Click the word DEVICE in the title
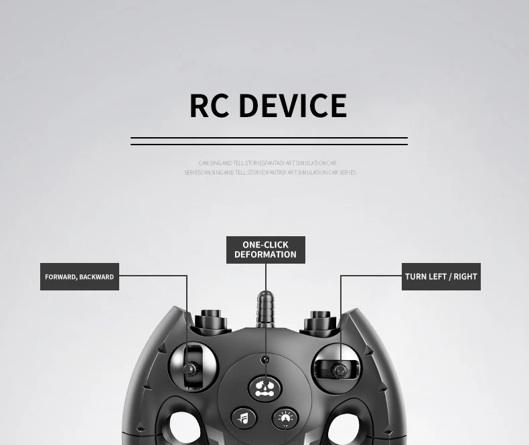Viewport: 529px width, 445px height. click(293, 106)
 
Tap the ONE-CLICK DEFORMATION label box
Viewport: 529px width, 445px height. click(265, 250)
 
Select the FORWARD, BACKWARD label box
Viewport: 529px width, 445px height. click(79, 276)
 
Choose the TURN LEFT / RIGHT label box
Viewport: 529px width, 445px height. click(441, 276)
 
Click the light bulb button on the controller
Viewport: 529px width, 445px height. click(286, 419)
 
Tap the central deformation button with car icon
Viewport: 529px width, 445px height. click(265, 388)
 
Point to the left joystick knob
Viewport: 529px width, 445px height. click(190, 369)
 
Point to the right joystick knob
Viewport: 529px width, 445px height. click(340, 369)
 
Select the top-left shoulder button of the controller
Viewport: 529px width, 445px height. click(210, 320)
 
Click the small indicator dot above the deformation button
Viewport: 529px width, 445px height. click(265, 360)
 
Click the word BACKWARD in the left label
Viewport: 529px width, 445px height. click(98, 277)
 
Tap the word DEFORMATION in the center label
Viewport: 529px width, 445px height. click(265, 254)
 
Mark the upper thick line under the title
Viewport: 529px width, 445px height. click(269, 138)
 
